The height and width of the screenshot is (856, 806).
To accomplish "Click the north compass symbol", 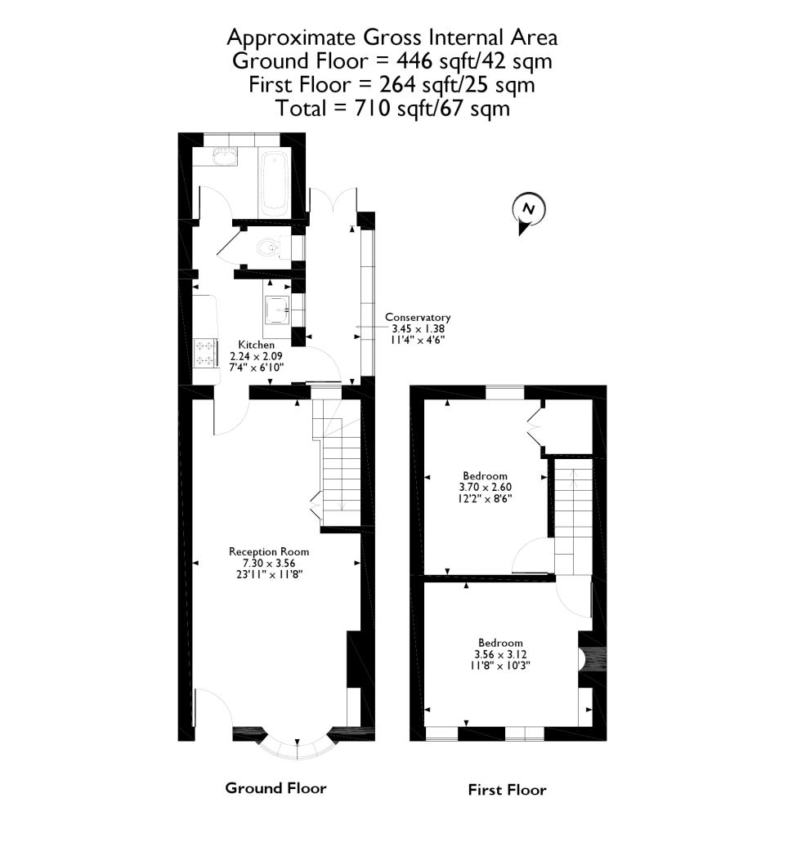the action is click(x=528, y=210).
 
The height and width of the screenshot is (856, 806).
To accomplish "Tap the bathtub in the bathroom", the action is click(x=274, y=181).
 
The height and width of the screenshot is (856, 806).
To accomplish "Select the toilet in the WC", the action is click(x=268, y=247).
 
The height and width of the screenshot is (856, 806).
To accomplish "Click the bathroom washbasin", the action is click(x=223, y=157).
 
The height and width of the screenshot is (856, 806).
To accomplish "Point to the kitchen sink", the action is click(x=277, y=310).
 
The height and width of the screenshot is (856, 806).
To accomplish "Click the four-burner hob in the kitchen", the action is click(x=204, y=353).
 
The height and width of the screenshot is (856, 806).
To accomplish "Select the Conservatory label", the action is click(x=418, y=317).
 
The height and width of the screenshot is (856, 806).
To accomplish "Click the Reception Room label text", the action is click(x=269, y=551).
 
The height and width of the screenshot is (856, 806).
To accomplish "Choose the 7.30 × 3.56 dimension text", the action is click(x=269, y=563).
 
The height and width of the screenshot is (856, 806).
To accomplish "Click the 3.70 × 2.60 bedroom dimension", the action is click(x=486, y=487).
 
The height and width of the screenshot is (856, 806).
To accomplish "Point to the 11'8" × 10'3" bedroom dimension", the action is click(x=500, y=665).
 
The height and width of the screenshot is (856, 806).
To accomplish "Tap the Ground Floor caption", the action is click(x=275, y=788).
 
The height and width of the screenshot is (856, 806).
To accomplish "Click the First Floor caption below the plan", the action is click(x=507, y=790).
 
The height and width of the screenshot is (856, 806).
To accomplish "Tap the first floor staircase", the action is click(x=573, y=515).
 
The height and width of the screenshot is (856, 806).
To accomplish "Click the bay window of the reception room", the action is click(x=297, y=745).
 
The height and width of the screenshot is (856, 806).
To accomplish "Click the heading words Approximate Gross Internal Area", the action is click(x=392, y=38).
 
